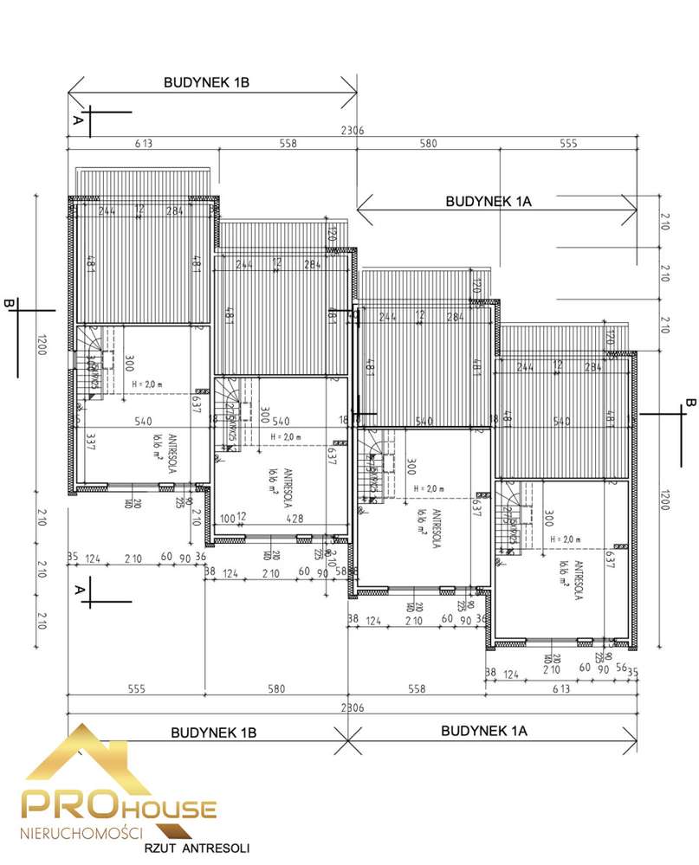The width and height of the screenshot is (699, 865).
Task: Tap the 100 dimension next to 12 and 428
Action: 228,518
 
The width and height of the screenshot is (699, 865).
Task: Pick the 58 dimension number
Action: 341,572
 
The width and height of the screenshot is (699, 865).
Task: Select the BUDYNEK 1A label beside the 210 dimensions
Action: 488,201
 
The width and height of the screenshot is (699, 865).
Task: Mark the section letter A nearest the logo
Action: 77,590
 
